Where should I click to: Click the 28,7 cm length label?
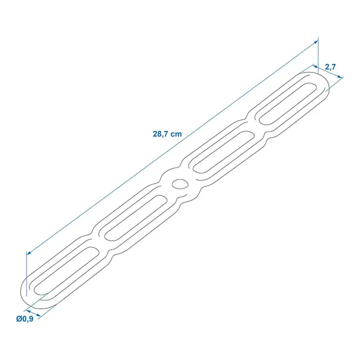(167, 133)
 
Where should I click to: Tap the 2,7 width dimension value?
(331, 67)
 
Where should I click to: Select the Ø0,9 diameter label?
(25, 318)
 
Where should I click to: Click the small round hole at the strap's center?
(179, 184)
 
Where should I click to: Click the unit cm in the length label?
(176, 133)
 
